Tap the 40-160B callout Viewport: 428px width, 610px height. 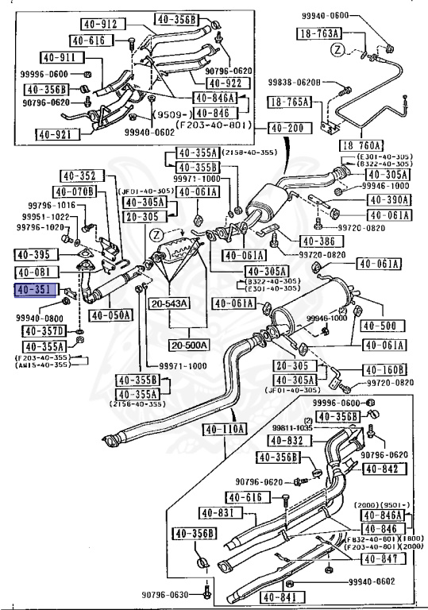click(385, 369)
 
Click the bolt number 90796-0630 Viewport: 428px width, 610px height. click(170, 595)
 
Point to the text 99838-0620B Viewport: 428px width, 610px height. click(294, 83)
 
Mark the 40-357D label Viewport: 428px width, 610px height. click(41, 331)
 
